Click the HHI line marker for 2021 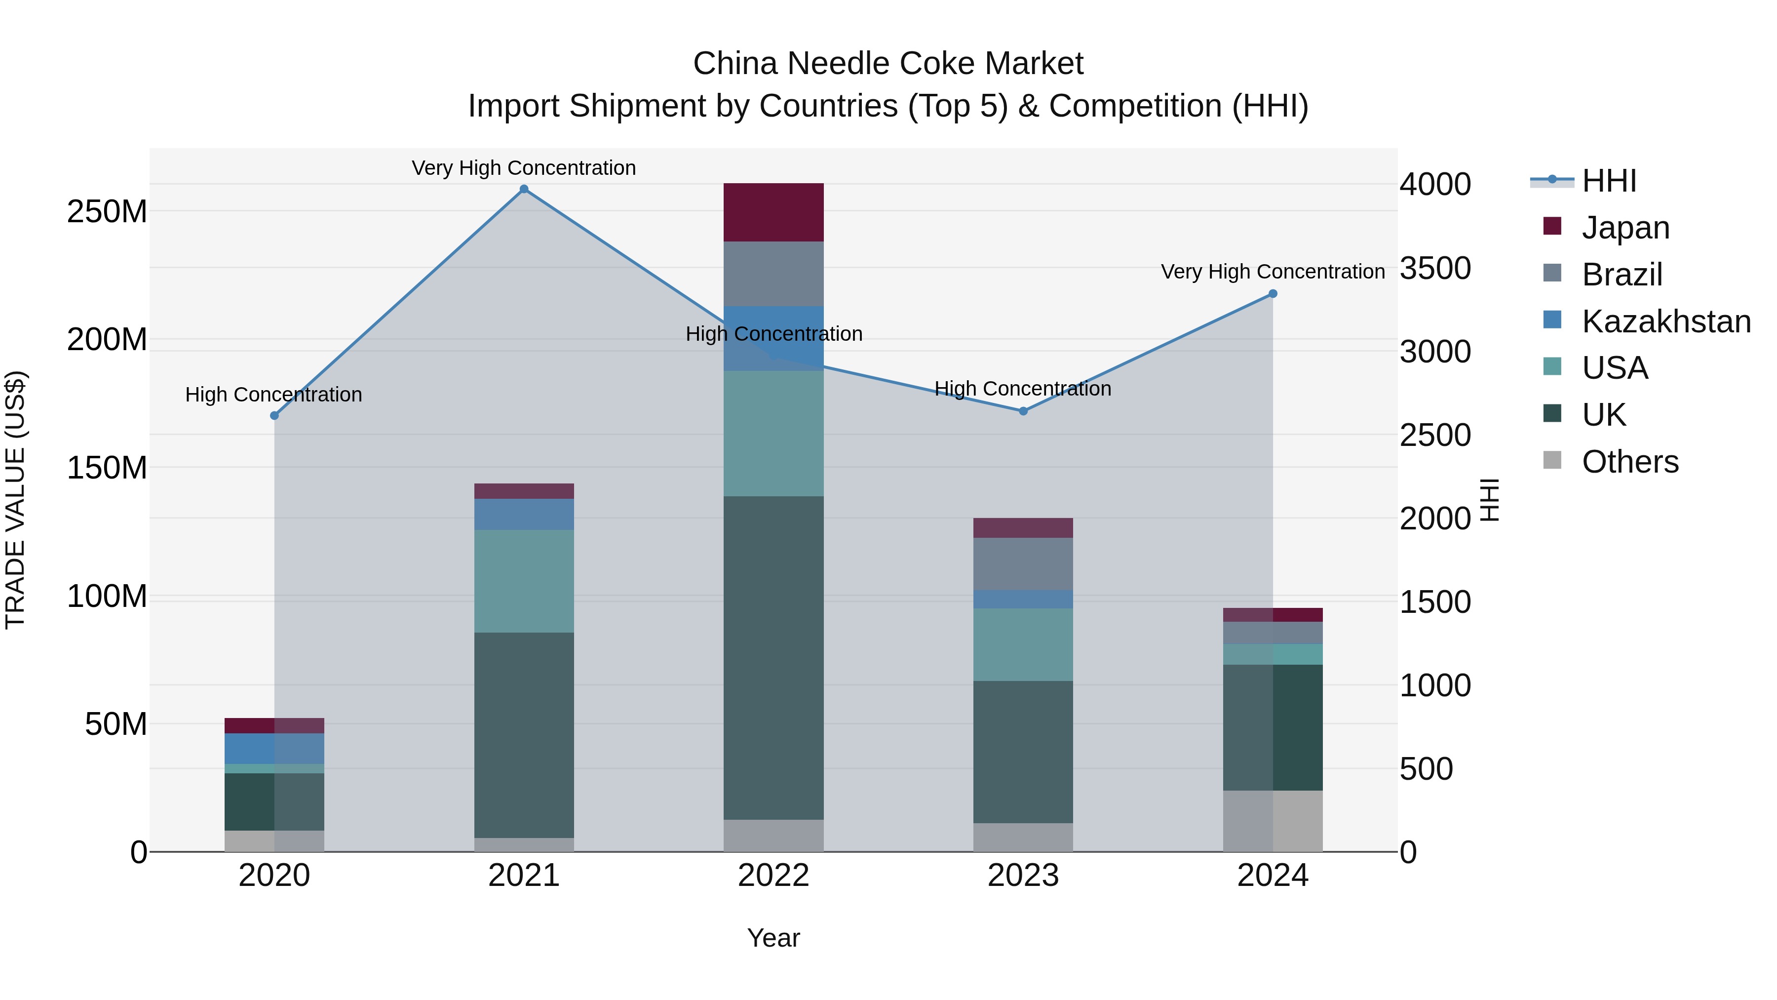point(524,189)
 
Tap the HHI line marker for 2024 point(1273,294)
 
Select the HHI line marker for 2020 point(274,415)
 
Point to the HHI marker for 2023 point(1023,411)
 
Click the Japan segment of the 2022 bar point(773,212)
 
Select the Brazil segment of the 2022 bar point(773,274)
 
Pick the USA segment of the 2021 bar point(524,581)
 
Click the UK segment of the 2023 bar point(1023,752)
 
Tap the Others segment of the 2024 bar point(1273,821)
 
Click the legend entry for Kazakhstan point(1665,321)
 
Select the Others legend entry point(1629,462)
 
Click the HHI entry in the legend point(1608,181)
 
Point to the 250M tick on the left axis point(107,211)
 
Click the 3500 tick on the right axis point(1435,269)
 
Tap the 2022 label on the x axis point(773,876)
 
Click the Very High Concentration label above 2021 point(524,168)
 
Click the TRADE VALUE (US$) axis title point(15,500)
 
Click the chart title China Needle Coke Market point(888,64)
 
